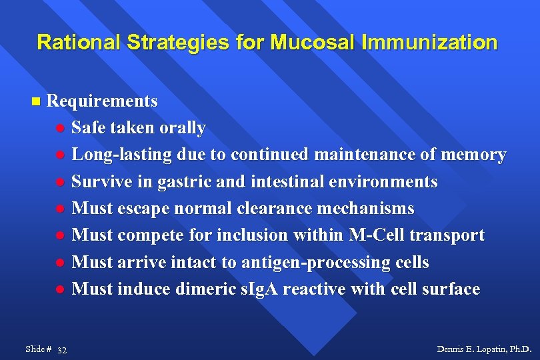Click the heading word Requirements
click(x=102, y=101)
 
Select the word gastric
click(x=175, y=181)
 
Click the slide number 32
click(x=62, y=350)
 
